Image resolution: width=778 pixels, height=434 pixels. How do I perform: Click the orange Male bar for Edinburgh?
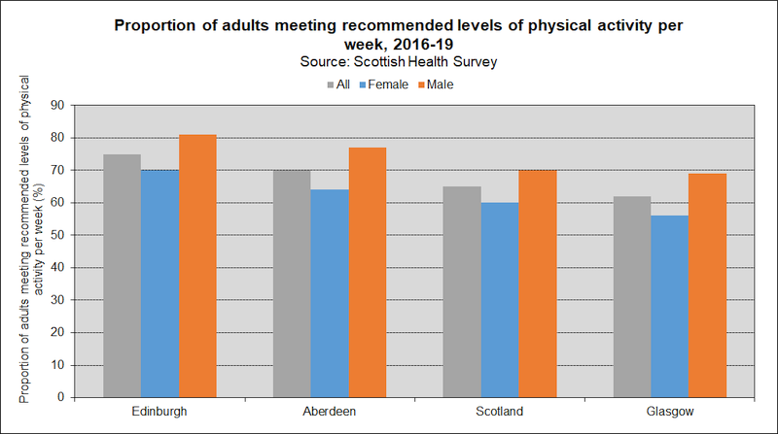(197, 266)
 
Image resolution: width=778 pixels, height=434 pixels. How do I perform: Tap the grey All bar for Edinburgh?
(123, 276)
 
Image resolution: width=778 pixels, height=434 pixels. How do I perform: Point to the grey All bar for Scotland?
(462, 291)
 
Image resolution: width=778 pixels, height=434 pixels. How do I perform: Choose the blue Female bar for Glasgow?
(669, 306)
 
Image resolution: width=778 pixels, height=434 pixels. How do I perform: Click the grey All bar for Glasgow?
(632, 296)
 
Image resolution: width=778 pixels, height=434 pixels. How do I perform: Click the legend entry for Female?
(387, 84)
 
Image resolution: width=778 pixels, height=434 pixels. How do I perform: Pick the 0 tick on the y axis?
(65, 397)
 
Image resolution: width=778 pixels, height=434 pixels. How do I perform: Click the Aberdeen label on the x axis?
(330, 412)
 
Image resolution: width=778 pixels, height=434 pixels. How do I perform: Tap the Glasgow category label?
(669, 412)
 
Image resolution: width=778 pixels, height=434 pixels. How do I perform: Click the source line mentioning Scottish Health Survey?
(389, 62)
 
